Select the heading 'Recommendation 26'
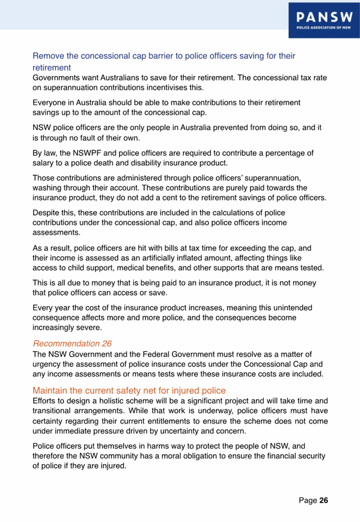pyautogui.click(x=72, y=344)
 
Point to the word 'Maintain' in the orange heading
pyautogui.click(x=49, y=391)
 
